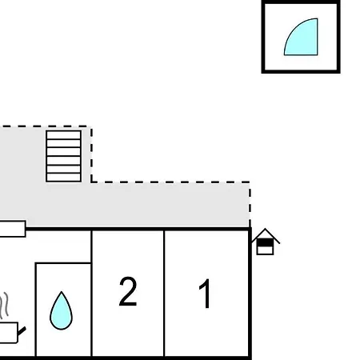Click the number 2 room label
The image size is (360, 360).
[x=128, y=291]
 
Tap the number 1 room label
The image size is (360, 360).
[x=206, y=294]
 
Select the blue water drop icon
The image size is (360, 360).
[x=61, y=310]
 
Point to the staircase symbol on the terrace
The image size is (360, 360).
[x=63, y=156]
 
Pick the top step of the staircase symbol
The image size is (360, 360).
[x=63, y=134]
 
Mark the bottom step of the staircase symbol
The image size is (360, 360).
[x=63, y=178]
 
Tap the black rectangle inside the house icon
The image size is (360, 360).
[x=265, y=242]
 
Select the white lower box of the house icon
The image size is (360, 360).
[x=265, y=250]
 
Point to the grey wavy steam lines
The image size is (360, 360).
[x=4, y=306]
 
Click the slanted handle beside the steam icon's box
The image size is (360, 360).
[x=22, y=331]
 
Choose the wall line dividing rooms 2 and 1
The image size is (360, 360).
[x=164, y=294]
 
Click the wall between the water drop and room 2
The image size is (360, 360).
[x=91, y=294]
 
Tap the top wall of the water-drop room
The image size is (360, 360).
[x=63, y=263]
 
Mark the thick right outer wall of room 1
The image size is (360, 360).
[x=250, y=294]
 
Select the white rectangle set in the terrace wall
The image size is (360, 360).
[x=13, y=229]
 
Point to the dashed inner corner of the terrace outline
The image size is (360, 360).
[x=91, y=182]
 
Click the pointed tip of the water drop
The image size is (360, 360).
[x=62, y=292]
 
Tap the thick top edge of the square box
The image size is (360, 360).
[x=301, y=2]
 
